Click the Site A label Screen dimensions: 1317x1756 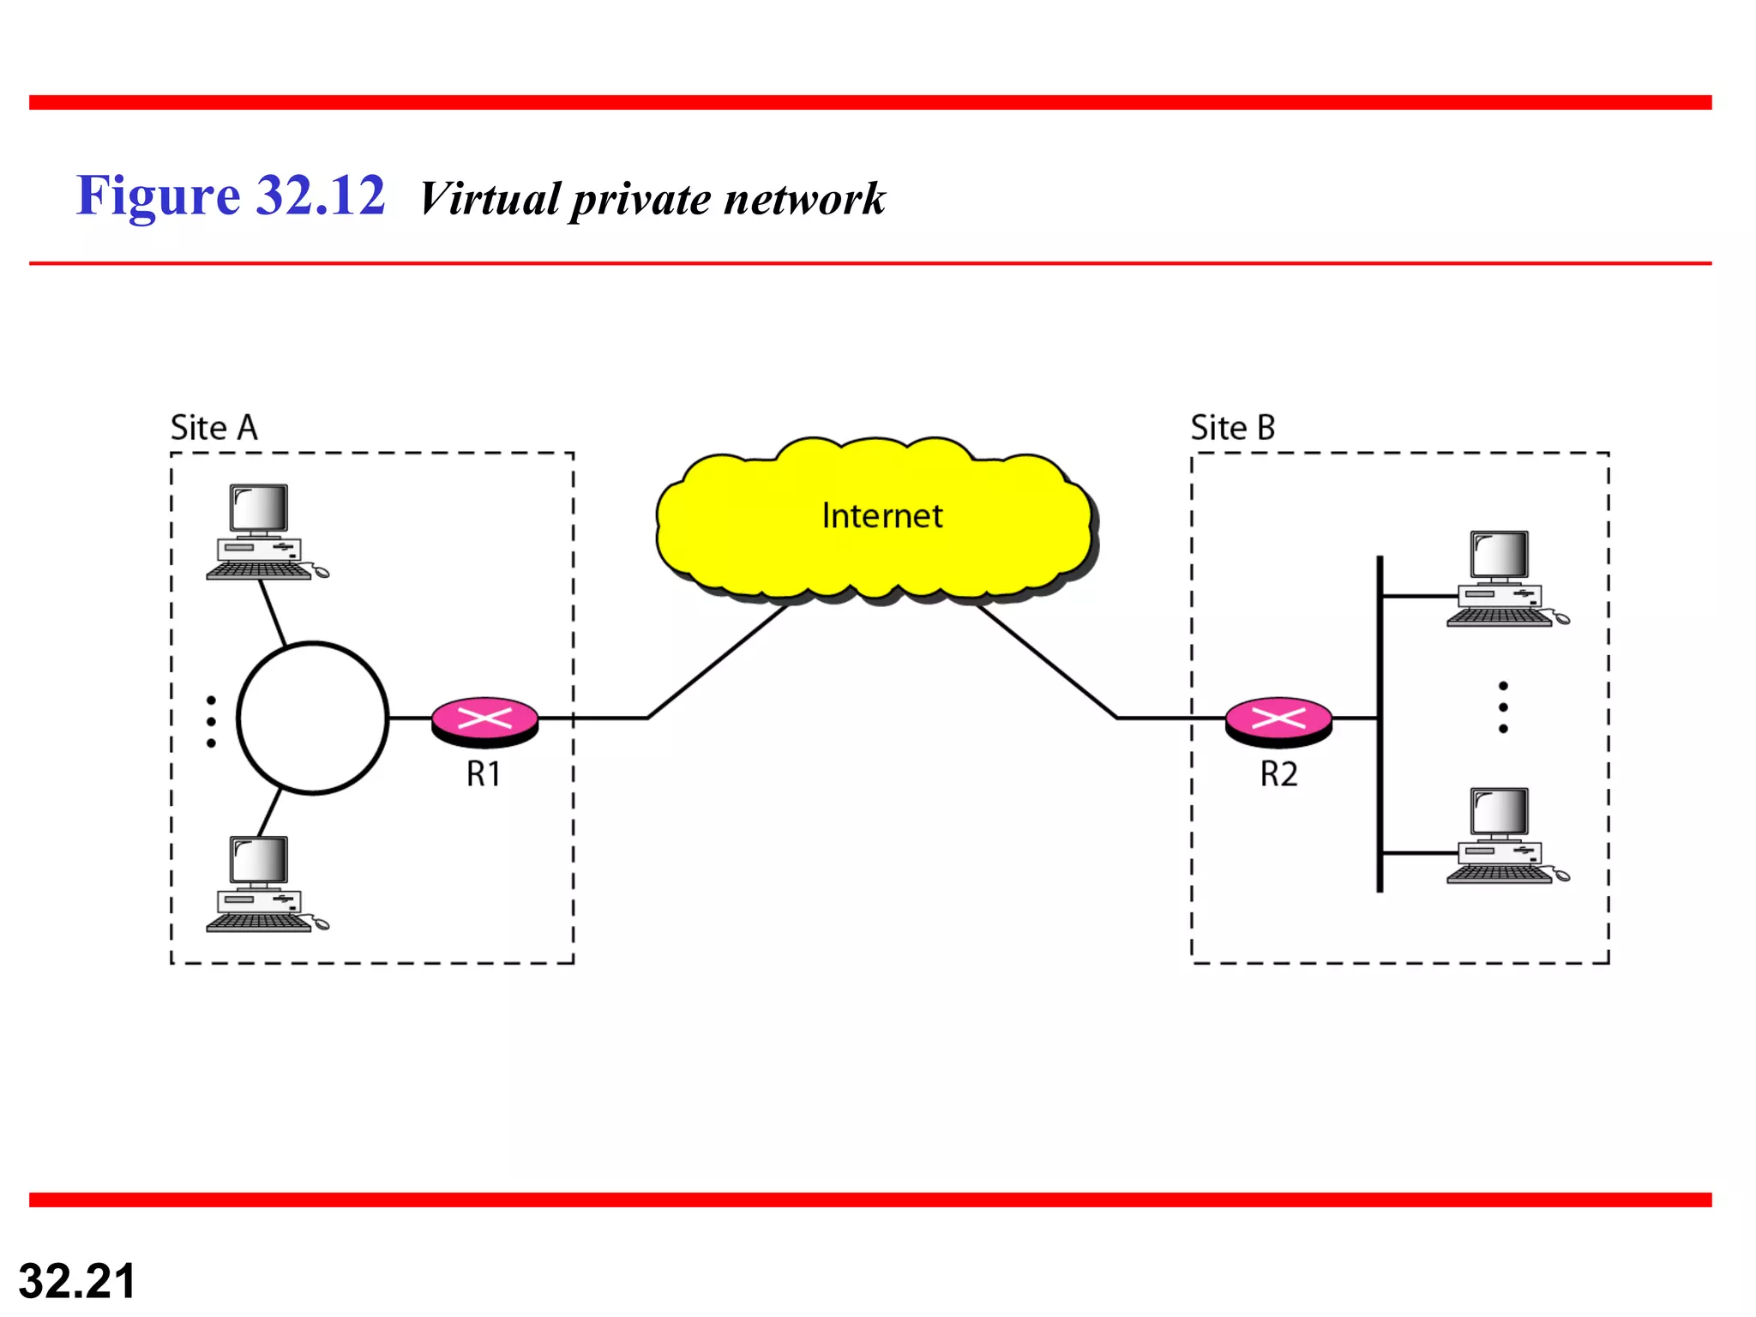pos(214,427)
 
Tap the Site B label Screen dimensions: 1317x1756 pos(1232,427)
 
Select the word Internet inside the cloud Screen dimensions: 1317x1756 pos(881,516)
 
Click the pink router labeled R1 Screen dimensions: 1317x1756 pos(484,719)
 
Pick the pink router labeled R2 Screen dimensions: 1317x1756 pos(1278,719)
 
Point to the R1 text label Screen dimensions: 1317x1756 pos(483,774)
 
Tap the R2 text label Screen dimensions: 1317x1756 pos(1278,774)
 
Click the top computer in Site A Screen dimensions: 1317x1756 pos(262,532)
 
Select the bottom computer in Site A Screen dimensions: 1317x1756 pos(262,883)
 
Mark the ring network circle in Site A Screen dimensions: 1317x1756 pos(313,719)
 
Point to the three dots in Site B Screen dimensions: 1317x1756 pos(1503,707)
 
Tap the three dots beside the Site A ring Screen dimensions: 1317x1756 pos(211,721)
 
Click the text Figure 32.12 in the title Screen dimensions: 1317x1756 pos(231,195)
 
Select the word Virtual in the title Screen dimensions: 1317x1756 pos(490,199)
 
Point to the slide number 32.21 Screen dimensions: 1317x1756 pos(77,1281)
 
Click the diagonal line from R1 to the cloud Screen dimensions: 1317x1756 pos(717,662)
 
